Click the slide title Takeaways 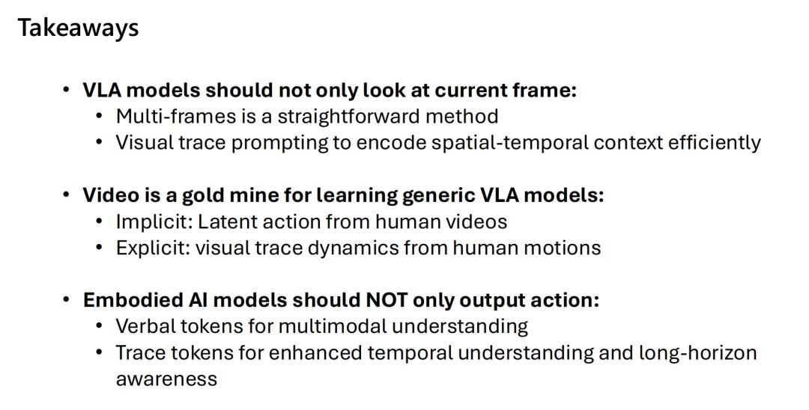click(x=79, y=28)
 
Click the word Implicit click(x=154, y=222)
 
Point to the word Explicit click(x=154, y=248)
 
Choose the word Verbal click(x=142, y=326)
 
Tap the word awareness click(x=166, y=379)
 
